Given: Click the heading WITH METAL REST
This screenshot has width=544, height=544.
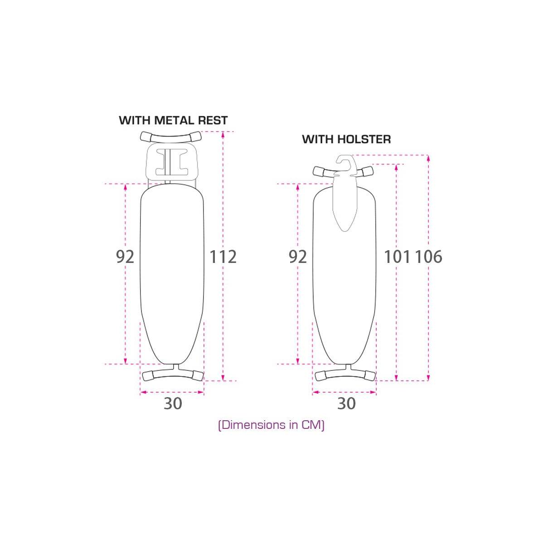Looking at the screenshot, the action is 173,120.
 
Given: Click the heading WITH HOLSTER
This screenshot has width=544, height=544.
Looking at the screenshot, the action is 346,139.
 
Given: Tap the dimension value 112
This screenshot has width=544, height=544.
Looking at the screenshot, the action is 223,257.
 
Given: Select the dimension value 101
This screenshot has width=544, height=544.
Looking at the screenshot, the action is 397,257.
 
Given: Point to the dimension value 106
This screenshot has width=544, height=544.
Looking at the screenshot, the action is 428,257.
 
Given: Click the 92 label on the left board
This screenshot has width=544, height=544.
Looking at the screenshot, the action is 125,257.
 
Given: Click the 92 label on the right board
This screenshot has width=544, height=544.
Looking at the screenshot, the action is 297,257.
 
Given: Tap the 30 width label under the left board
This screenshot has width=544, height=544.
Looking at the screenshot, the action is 173,403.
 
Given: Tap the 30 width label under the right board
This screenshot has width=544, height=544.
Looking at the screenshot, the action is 346,403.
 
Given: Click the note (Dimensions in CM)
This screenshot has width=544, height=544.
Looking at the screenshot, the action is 271,425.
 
